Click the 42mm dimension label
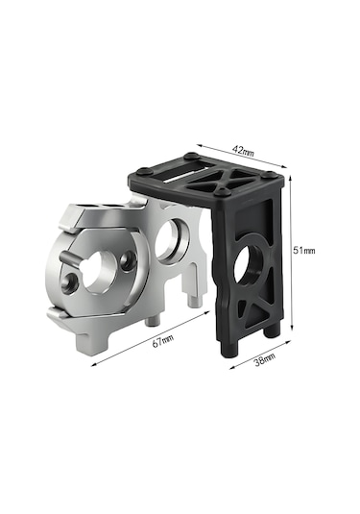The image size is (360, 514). click(x=243, y=151)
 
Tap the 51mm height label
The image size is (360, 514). click(x=304, y=251)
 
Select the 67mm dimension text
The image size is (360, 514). click(x=163, y=341)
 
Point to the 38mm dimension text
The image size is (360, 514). click(x=265, y=359)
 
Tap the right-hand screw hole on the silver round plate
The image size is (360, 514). click(x=128, y=260)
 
